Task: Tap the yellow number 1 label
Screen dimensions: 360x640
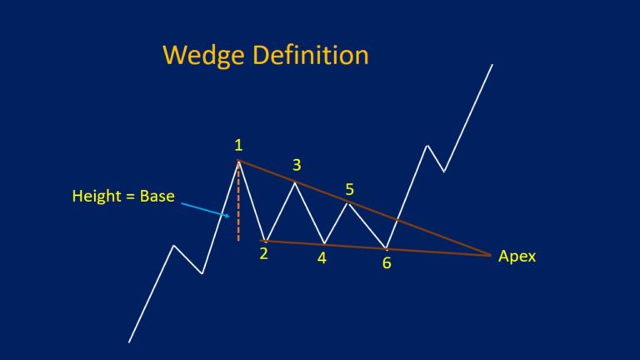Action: click(x=238, y=145)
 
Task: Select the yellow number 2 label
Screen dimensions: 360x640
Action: click(x=263, y=254)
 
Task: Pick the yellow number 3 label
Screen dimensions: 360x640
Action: click(x=296, y=165)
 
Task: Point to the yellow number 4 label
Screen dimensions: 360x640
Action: click(x=322, y=258)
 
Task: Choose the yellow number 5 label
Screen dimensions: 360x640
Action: click(x=350, y=188)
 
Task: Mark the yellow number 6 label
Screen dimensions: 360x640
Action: click(x=386, y=262)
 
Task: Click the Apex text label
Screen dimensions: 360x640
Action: click(x=517, y=257)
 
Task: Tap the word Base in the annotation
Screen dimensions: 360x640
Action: click(x=156, y=197)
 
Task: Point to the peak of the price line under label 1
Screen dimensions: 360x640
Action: click(x=239, y=160)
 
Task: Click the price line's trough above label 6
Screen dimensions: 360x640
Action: click(x=387, y=248)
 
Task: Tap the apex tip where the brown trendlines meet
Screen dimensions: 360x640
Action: click(x=490, y=255)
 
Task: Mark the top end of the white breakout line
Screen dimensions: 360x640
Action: click(x=492, y=63)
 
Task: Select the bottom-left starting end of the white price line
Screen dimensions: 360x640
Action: click(x=129, y=342)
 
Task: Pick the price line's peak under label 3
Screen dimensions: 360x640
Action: click(x=295, y=181)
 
